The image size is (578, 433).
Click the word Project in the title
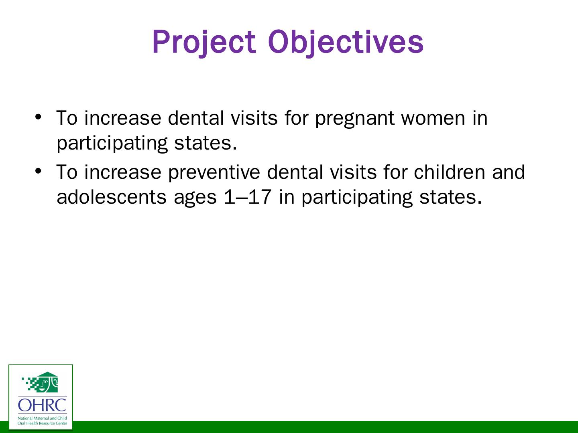point(204,42)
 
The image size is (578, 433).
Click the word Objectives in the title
point(346,42)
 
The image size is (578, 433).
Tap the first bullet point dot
point(38,117)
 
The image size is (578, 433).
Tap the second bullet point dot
point(38,171)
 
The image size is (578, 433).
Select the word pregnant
point(355,119)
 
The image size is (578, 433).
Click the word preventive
point(214,173)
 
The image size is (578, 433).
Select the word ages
point(195,199)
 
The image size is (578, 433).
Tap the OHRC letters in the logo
point(42,405)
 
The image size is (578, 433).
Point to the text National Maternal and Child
point(42,418)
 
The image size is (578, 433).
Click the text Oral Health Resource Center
point(42,423)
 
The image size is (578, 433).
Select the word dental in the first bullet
point(196,117)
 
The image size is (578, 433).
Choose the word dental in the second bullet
point(295,172)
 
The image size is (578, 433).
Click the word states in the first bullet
point(206,143)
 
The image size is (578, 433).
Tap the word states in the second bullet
point(450,197)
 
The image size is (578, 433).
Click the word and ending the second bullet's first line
point(509,172)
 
